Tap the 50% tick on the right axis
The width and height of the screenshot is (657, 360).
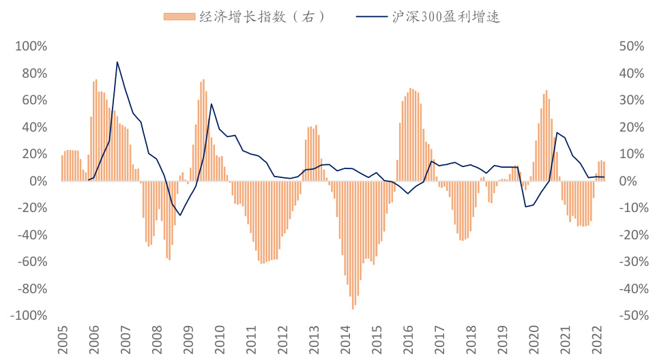tap(631, 46)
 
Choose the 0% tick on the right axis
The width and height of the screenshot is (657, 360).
tap(628, 181)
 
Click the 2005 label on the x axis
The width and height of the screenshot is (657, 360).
tap(62, 339)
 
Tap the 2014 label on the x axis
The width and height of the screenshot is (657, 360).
tap(345, 339)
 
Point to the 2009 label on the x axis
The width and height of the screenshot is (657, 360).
tap(188, 339)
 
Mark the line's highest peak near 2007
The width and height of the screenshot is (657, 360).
tap(117, 62)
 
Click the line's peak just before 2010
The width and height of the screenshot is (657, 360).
tap(211, 104)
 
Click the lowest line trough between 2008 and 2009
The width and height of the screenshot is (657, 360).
tap(179, 215)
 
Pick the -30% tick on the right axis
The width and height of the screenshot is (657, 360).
tap(629, 262)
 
